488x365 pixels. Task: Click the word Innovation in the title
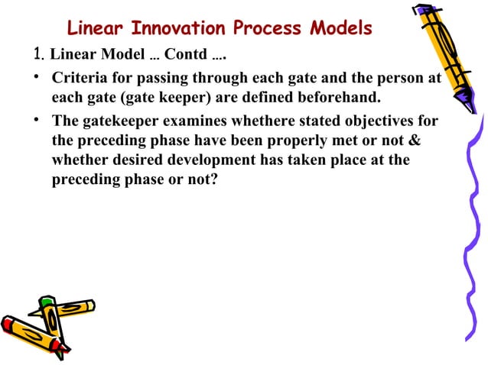(x=177, y=29)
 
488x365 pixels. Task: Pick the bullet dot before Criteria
(x=36, y=79)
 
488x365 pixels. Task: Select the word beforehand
(x=337, y=99)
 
